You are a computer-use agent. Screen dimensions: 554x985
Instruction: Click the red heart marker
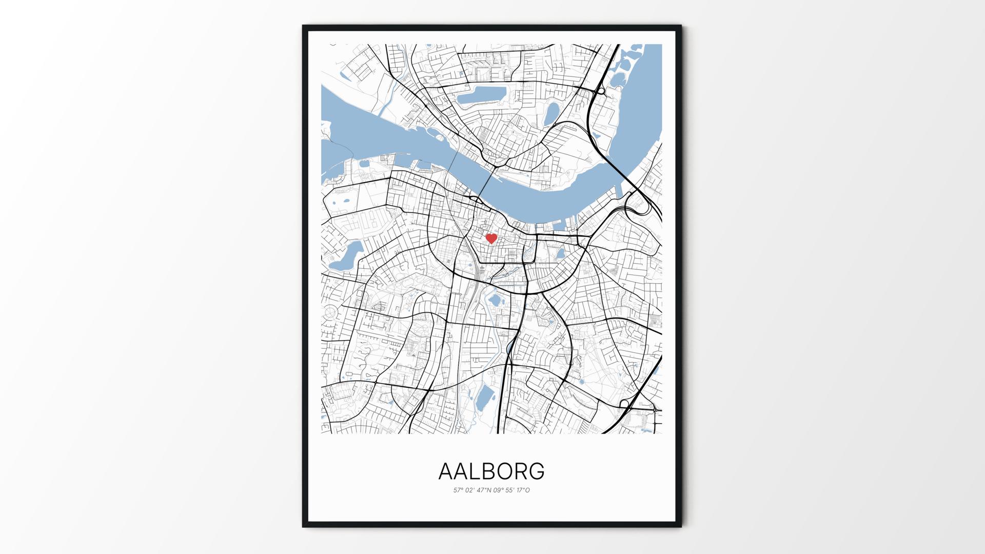click(491, 239)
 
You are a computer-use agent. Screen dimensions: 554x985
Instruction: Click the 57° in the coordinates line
click(458, 490)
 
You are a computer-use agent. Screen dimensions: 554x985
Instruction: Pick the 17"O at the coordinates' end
click(523, 490)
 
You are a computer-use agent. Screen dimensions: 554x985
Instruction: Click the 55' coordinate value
click(511, 490)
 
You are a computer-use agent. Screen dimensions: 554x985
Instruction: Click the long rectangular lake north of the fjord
click(482, 95)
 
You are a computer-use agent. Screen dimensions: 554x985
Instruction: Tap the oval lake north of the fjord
click(551, 114)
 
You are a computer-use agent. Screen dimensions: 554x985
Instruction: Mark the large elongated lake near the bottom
click(484, 398)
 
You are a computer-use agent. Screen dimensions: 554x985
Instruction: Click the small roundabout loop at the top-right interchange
click(601, 92)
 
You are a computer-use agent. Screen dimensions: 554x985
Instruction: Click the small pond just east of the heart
click(560, 252)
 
